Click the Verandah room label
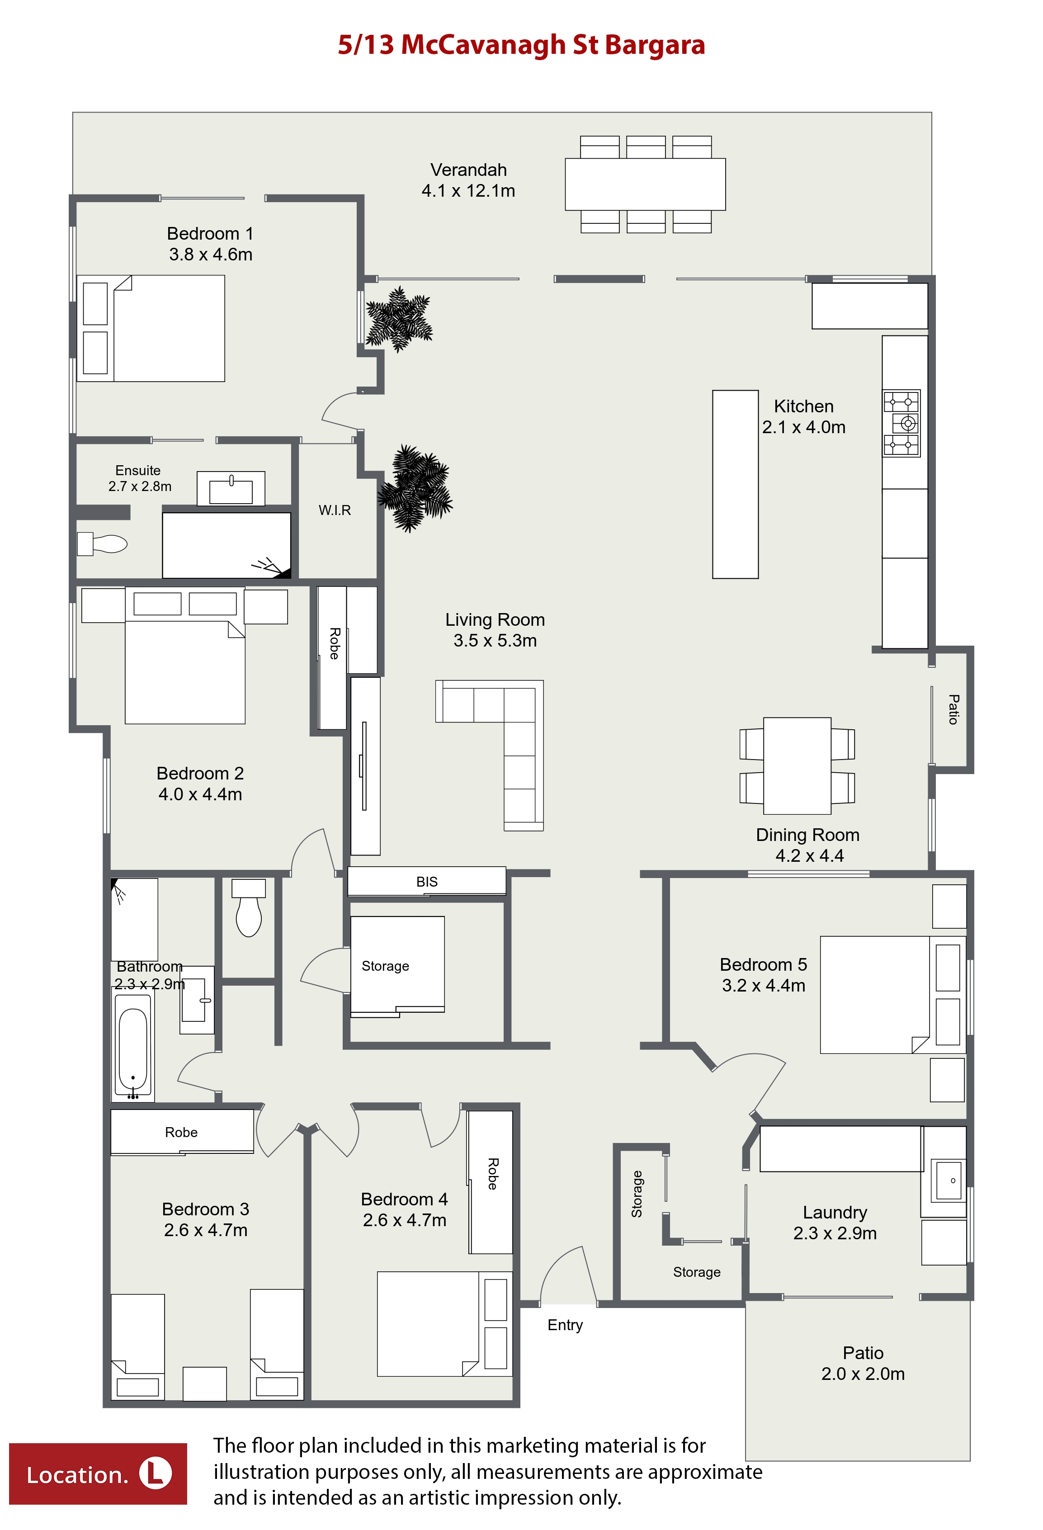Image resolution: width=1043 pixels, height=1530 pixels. [x=468, y=170]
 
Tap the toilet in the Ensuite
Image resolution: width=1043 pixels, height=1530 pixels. [x=102, y=544]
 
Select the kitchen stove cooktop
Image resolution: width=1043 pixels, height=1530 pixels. [x=901, y=423]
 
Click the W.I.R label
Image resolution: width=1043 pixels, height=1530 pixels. [x=335, y=510]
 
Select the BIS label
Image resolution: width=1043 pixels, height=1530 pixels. [x=427, y=882]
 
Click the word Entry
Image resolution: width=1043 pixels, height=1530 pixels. [x=565, y=1325]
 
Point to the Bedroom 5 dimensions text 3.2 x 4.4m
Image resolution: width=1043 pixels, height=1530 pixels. [x=763, y=986]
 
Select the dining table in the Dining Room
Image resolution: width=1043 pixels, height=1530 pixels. [x=797, y=765]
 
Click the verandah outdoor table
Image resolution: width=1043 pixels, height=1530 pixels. [x=645, y=184]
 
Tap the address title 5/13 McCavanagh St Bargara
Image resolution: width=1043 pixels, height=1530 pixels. [x=522, y=45]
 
